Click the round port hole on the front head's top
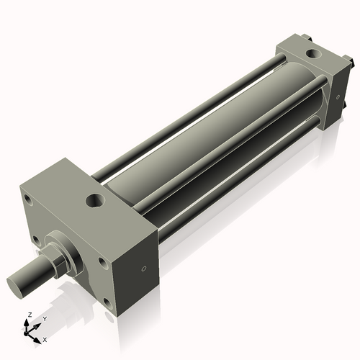tap(94, 198)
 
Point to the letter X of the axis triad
tap(45, 338)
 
